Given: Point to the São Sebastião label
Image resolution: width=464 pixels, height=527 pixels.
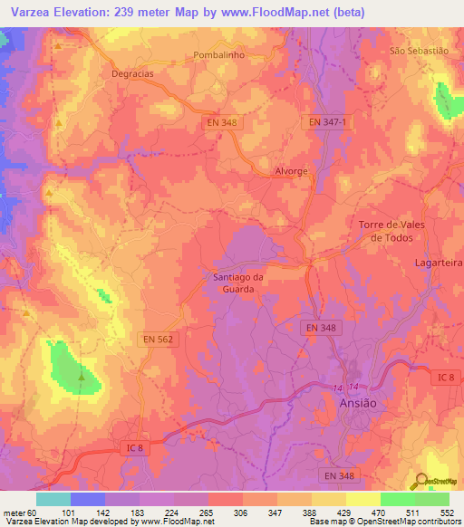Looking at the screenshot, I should [419, 51].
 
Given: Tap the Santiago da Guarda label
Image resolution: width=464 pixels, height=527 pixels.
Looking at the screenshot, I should [239, 283].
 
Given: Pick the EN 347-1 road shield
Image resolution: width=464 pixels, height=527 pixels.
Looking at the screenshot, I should [326, 121].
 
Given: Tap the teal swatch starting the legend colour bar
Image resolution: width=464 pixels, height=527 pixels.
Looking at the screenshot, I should [53, 499].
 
